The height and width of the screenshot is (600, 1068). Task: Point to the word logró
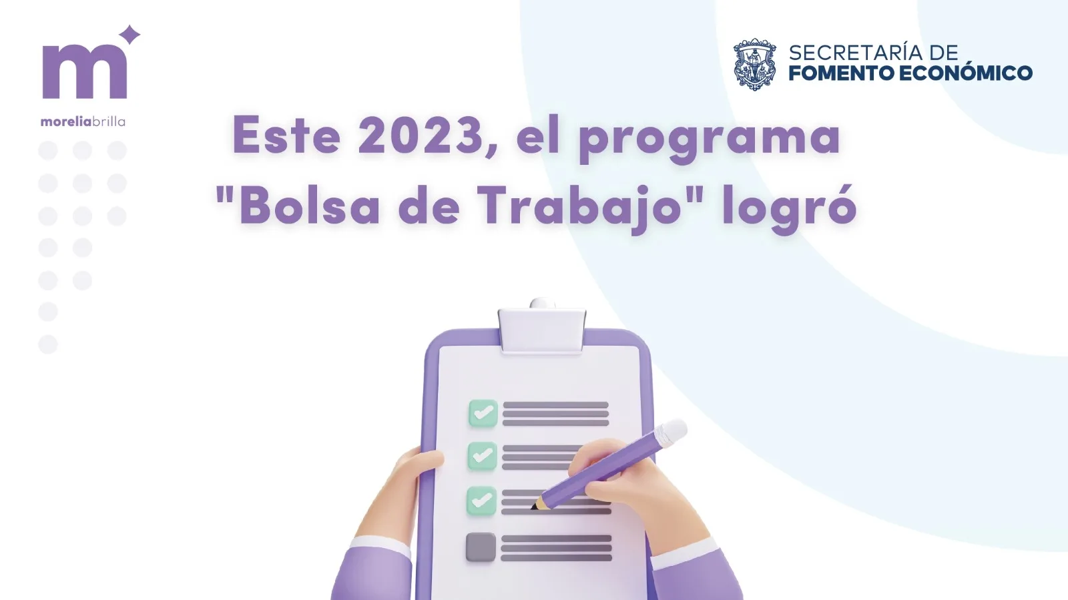(x=790, y=210)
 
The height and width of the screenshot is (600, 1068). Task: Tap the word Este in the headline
(x=286, y=136)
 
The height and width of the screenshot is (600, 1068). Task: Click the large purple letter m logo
(x=85, y=71)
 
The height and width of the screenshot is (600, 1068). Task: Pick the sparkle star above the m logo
(x=129, y=35)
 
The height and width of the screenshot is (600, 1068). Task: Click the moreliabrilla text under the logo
(x=83, y=121)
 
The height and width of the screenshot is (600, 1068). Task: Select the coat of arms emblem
(x=754, y=64)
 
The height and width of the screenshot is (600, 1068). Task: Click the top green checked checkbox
(x=483, y=412)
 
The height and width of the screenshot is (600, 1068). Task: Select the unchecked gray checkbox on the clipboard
(x=481, y=547)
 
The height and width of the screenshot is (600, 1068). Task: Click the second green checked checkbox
(x=482, y=456)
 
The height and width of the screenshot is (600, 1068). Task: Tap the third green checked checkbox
(x=481, y=501)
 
